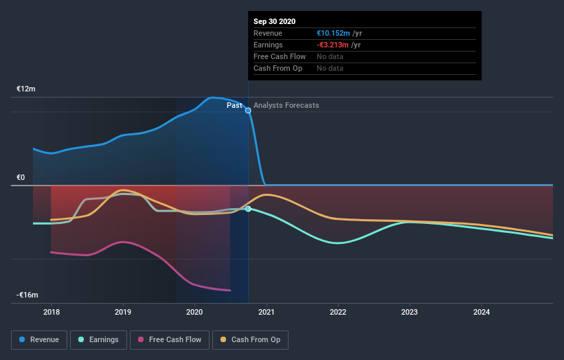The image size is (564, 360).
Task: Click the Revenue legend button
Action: point(40,339)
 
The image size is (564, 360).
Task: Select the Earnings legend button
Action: point(98,339)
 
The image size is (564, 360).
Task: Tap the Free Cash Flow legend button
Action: point(168,339)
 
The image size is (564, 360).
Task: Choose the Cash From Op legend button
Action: point(250,339)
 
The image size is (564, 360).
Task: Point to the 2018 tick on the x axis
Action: point(51,312)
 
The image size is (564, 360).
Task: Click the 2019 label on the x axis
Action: point(123,312)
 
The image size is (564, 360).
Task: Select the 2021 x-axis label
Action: point(267,312)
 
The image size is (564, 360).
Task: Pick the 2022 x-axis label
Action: point(338,312)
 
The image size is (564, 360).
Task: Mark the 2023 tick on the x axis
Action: point(409,312)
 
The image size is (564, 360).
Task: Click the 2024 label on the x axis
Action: point(482,312)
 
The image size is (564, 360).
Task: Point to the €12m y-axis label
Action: point(26,89)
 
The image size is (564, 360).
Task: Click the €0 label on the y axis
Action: point(21,178)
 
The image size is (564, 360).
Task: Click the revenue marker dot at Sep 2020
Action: point(248,110)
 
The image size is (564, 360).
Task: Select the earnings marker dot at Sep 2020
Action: point(248,209)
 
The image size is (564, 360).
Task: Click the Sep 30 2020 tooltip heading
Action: point(275,21)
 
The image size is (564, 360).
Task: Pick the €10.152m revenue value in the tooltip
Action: point(333,33)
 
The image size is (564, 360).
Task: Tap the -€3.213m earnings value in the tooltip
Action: point(333,45)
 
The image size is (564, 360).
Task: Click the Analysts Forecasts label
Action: point(286,105)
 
